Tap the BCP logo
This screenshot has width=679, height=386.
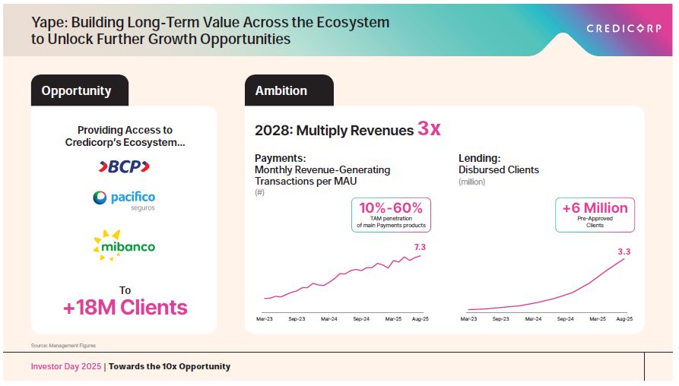point(125,166)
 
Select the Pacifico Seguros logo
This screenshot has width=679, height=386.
point(124,201)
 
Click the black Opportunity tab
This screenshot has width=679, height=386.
point(76,91)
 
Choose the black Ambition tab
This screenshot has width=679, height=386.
point(281,91)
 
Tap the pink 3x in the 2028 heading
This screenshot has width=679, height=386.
point(429,129)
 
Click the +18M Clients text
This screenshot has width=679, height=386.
point(125,308)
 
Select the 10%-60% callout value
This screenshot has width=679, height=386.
point(391,208)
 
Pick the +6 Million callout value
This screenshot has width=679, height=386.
point(595,207)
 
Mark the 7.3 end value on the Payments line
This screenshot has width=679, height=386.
point(420,246)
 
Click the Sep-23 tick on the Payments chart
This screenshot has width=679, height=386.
point(296,320)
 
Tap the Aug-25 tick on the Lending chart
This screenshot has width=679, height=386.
point(623,320)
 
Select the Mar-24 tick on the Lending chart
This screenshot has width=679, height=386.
point(531,320)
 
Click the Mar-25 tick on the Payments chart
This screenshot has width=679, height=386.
point(392,320)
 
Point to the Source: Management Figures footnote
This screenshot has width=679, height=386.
point(63,346)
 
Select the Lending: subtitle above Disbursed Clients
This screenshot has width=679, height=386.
point(479,158)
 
